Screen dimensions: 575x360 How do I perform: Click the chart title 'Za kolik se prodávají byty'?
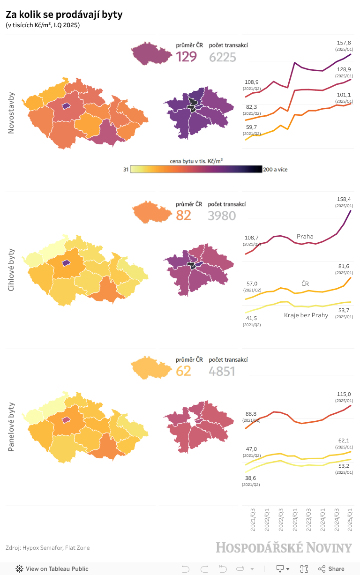(x=64, y=15)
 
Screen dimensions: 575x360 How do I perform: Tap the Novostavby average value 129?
(x=186, y=57)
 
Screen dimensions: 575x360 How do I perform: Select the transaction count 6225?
(x=222, y=57)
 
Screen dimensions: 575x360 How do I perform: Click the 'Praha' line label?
(x=305, y=236)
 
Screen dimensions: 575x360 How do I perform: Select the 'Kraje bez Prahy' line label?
(x=306, y=315)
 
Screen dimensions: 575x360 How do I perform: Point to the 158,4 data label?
(x=344, y=199)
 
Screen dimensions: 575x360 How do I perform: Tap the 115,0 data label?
(x=344, y=394)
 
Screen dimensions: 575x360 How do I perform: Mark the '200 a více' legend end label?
(x=275, y=170)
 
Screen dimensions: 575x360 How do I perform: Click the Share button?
(x=331, y=568)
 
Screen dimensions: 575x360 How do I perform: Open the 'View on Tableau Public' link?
(x=52, y=568)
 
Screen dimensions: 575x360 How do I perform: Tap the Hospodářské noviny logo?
(x=284, y=548)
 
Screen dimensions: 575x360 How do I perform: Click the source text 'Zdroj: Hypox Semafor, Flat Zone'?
(x=47, y=547)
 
